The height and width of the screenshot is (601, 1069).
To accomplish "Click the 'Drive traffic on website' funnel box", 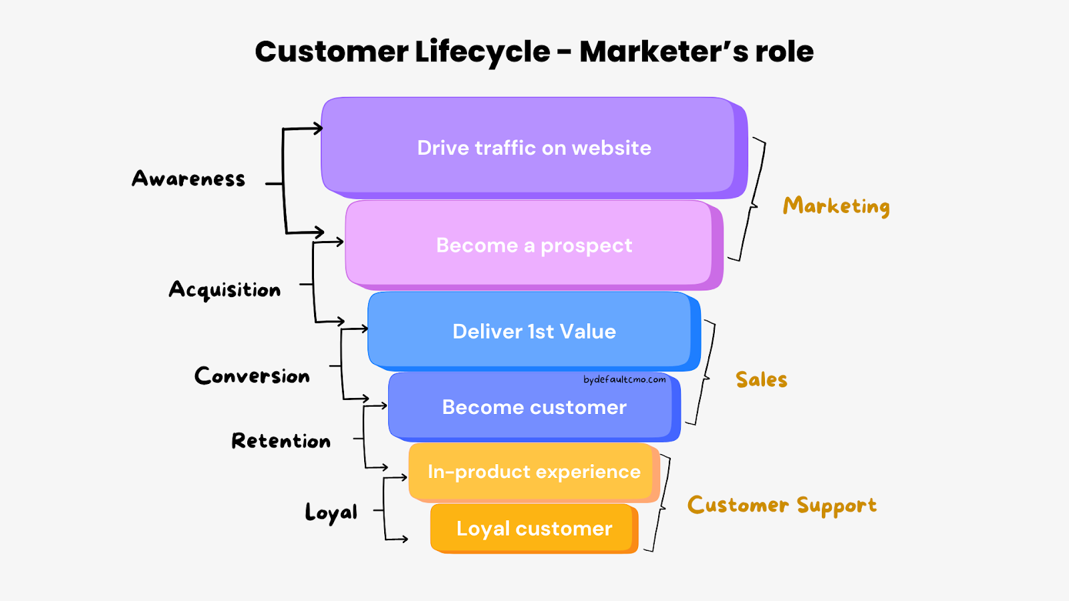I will [x=533, y=148].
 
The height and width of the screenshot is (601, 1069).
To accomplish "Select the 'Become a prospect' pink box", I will [x=533, y=245].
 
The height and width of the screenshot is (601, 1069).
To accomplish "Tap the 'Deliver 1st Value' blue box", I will [x=533, y=331].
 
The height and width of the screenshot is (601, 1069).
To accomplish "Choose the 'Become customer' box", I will [x=533, y=407].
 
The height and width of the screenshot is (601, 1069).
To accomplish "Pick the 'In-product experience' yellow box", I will [x=533, y=471].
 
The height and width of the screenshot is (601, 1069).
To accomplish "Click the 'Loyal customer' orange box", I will [x=533, y=528].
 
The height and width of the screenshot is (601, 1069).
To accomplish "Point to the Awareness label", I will [x=188, y=179].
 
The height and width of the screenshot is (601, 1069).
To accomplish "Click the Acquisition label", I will [x=224, y=290].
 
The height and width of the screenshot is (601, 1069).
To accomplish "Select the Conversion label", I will [x=252, y=376].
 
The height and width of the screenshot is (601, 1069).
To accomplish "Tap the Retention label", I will [x=281, y=441].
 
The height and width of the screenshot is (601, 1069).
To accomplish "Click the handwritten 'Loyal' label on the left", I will [x=331, y=512].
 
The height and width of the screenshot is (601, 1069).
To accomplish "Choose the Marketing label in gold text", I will [x=836, y=206].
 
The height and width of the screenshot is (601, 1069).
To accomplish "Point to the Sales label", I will [x=761, y=379].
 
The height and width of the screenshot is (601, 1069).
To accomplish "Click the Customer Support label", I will [x=782, y=506].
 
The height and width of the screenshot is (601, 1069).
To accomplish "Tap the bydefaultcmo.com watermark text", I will [x=624, y=379].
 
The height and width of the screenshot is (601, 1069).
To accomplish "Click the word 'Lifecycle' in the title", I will [x=482, y=51].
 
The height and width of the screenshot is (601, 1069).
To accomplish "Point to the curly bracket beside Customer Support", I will [x=661, y=504].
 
